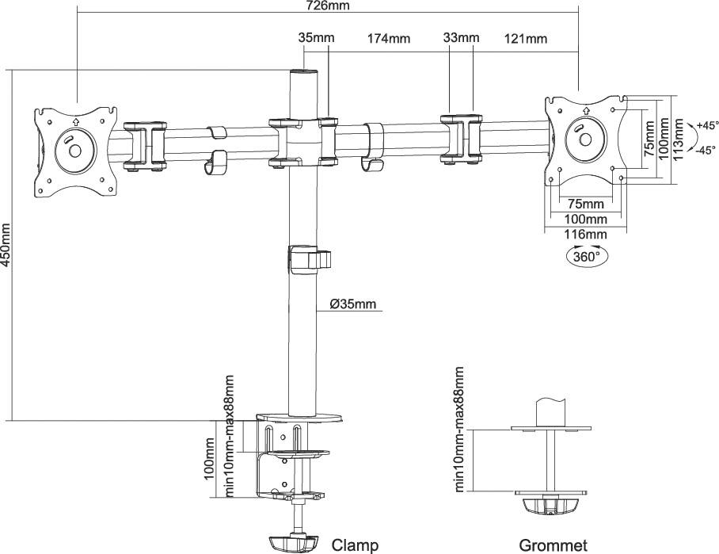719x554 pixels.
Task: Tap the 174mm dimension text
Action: click(x=388, y=38)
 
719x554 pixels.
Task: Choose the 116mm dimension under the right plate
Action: click(x=584, y=234)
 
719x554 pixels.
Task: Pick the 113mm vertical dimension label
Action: click(x=679, y=139)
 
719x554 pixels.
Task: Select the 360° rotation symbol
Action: click(x=586, y=257)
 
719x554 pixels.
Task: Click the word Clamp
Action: click(x=354, y=544)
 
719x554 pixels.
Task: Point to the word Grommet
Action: click(x=553, y=544)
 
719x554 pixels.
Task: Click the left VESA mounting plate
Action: click(x=76, y=150)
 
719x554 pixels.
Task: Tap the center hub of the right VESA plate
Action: click(x=585, y=139)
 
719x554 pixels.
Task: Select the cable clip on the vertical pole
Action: click(x=308, y=259)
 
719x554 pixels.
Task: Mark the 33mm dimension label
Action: click(x=461, y=38)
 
